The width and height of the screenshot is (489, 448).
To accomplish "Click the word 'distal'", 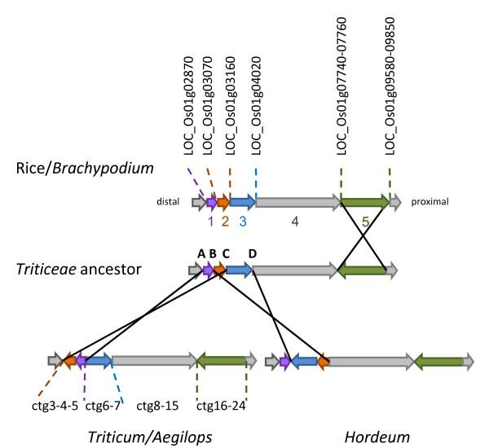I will coord(174,202).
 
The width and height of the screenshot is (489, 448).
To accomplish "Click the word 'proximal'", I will coord(430,202).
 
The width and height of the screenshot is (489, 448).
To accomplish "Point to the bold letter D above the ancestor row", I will coord(252,253).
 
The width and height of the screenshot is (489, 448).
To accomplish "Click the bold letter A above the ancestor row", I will coord(200,253).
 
